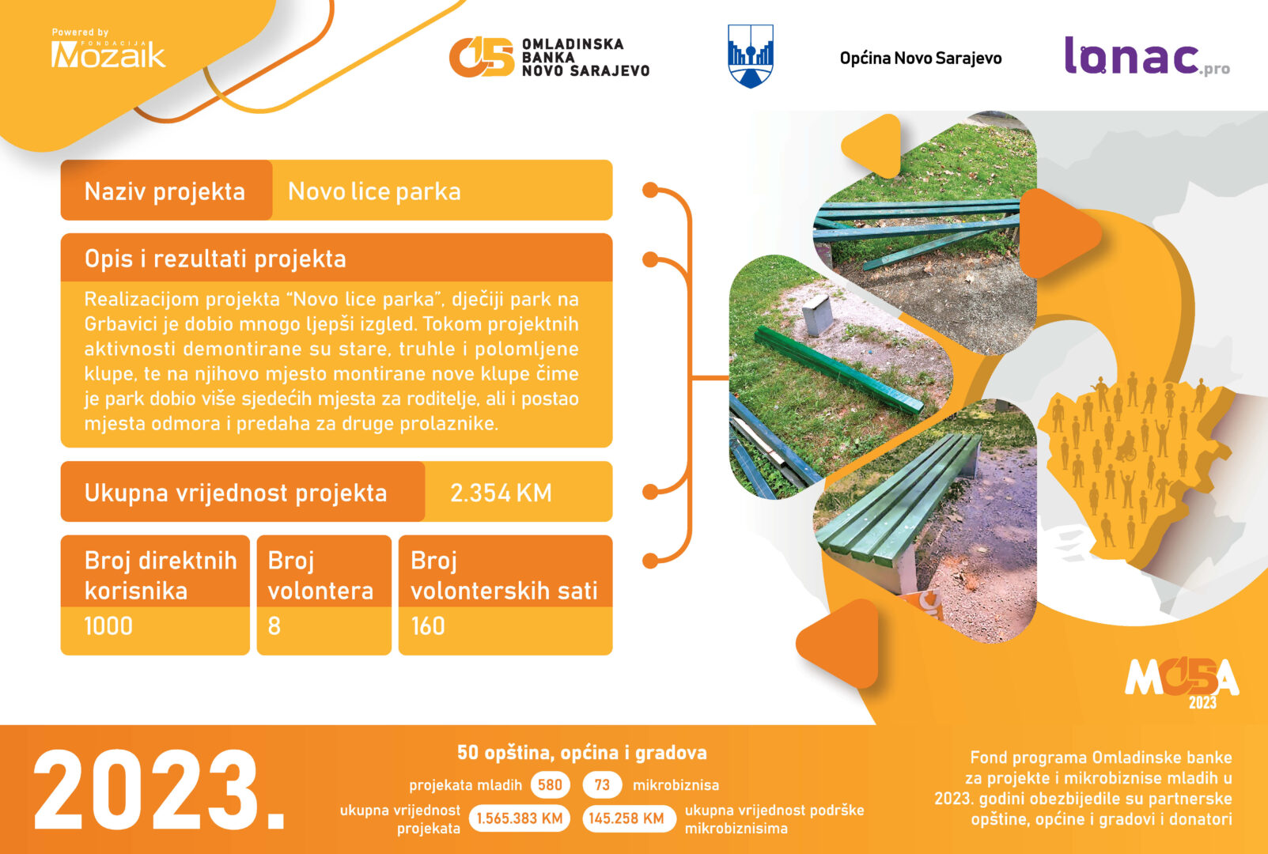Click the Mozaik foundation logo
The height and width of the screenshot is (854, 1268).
pyautogui.click(x=108, y=49)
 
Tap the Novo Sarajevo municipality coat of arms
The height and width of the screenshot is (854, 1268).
pyautogui.click(x=750, y=56)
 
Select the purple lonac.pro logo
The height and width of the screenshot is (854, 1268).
pyautogui.click(x=1147, y=56)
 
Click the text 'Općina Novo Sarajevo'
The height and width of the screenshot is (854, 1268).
pyautogui.click(x=921, y=59)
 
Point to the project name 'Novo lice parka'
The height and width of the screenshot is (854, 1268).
pyautogui.click(x=374, y=191)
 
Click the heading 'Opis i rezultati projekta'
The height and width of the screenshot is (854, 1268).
pyautogui.click(x=215, y=259)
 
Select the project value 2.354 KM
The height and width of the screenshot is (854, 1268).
pyautogui.click(x=501, y=493)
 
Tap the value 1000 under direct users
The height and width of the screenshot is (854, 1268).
pyautogui.click(x=108, y=626)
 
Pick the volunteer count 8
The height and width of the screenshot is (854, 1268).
pyautogui.click(x=274, y=626)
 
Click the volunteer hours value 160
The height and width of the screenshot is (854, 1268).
pyautogui.click(x=428, y=626)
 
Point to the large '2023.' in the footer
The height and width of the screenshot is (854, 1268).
pyautogui.click(x=159, y=790)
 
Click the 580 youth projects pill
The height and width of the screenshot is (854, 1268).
pyautogui.click(x=550, y=785)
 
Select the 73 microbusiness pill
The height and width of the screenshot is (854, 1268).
pyautogui.click(x=602, y=785)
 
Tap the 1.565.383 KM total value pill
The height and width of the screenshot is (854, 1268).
pyautogui.click(x=519, y=818)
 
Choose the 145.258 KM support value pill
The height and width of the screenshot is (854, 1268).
pyautogui.click(x=629, y=818)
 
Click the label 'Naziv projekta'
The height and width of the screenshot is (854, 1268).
pyautogui.click(x=165, y=191)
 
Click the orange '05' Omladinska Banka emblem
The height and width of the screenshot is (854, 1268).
pyautogui.click(x=482, y=57)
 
